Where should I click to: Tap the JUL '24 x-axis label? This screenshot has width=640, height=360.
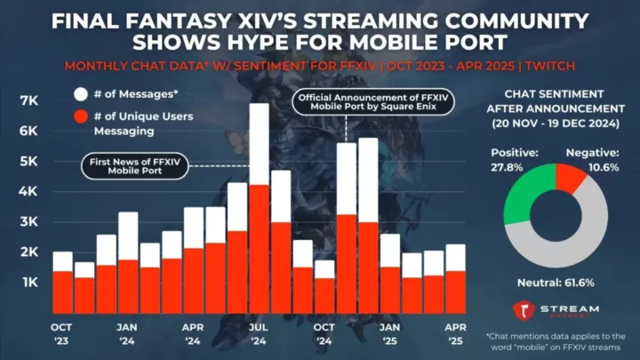click(258, 334)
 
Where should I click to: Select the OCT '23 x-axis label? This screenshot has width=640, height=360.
click(61, 334)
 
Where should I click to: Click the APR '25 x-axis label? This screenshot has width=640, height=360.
click(454, 334)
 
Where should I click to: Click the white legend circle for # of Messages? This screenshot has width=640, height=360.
click(79, 92)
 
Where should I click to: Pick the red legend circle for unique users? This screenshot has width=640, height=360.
click(79, 116)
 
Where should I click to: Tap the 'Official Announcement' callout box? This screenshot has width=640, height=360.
click(373, 103)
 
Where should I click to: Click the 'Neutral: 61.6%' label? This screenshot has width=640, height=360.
click(556, 283)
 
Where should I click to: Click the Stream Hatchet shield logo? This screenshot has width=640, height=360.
click(524, 310)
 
